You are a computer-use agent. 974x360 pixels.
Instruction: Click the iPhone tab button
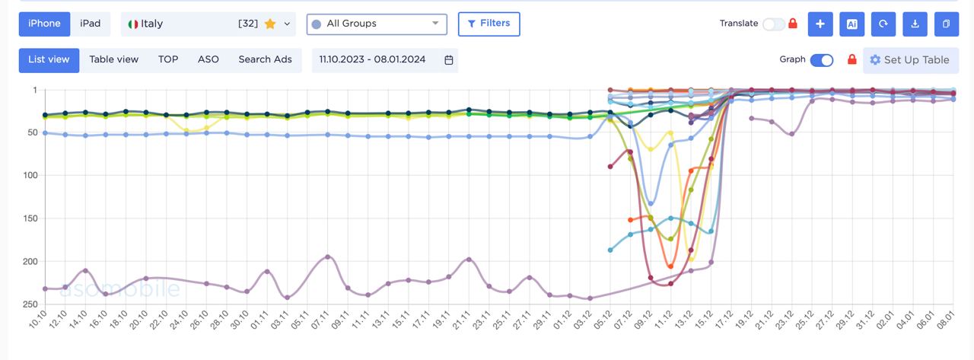pos(44,24)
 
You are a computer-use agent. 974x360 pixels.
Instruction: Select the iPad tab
pos(91,24)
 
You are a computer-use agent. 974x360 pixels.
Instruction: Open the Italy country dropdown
pos(208,24)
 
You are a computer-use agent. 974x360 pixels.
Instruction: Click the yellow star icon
pos(270,24)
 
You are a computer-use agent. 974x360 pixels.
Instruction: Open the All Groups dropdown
pos(377,24)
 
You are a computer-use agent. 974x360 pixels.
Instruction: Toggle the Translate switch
pos(773,24)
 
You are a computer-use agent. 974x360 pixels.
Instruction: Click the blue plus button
pos(820,24)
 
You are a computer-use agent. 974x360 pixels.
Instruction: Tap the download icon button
pos(915,24)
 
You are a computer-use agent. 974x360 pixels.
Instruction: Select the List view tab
pos(49,60)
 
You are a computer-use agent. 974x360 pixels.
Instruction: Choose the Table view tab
pos(114,60)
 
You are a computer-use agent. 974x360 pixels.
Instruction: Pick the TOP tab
pos(168,60)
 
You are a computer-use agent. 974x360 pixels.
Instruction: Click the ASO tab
pos(208,60)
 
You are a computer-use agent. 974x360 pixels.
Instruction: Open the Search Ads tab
pos(265,60)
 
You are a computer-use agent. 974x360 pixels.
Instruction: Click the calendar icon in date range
pos(449,60)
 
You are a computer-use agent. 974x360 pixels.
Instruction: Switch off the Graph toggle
pos(822,60)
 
